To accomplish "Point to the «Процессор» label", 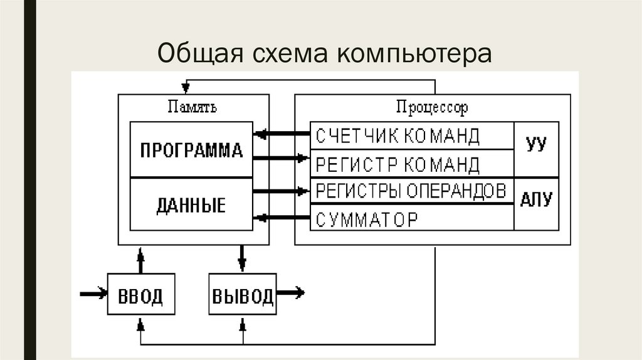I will pyautogui.click(x=432, y=107).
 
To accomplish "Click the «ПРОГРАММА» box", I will pyautogui.click(x=191, y=151).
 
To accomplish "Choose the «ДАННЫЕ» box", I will pyautogui.click(x=191, y=205).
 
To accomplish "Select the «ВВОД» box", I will pyautogui.click(x=140, y=295).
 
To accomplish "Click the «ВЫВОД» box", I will pyautogui.click(x=243, y=295).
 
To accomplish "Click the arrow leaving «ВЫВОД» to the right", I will pyautogui.click(x=291, y=292).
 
